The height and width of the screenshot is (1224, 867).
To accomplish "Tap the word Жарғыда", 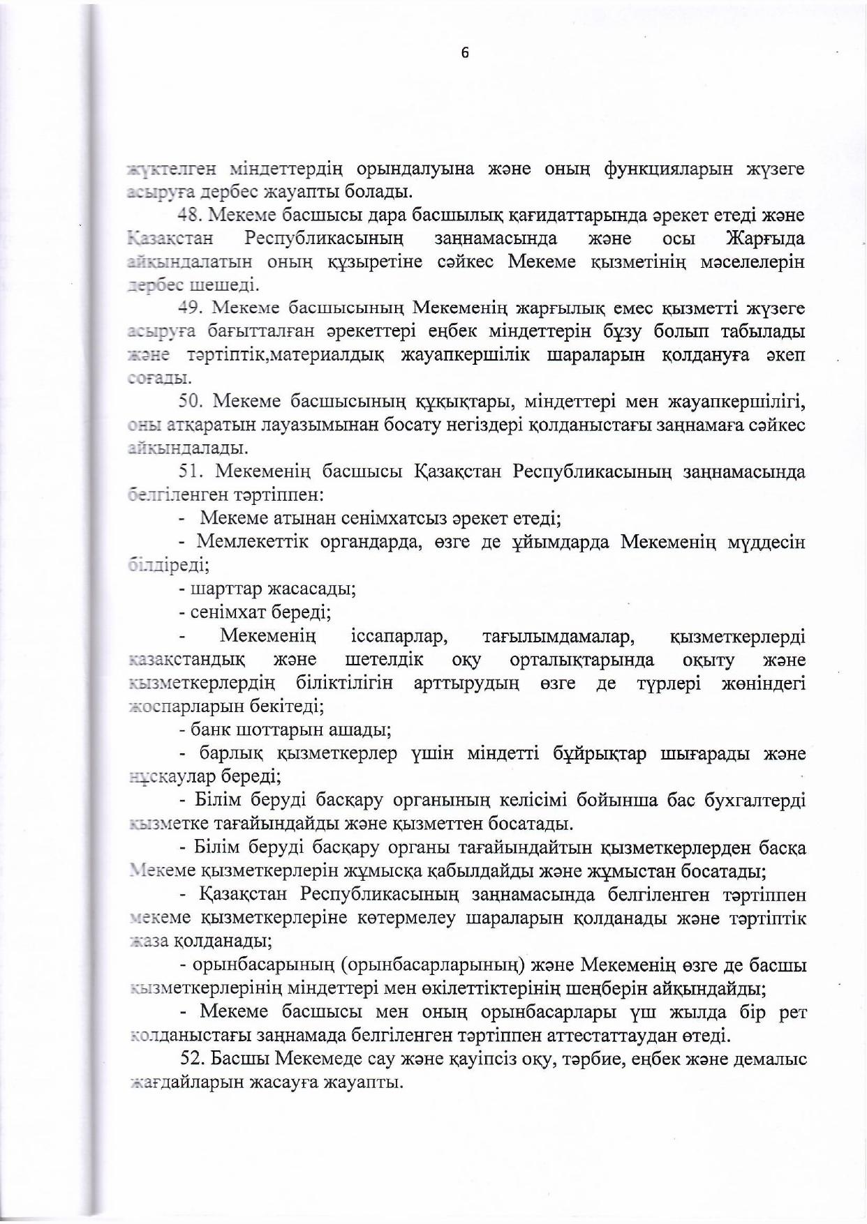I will tap(765, 239).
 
